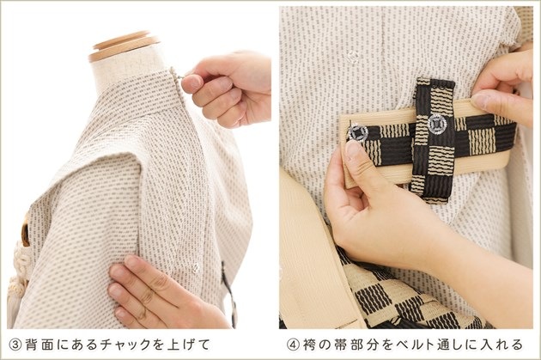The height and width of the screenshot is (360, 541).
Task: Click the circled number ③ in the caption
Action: (x=15, y=345)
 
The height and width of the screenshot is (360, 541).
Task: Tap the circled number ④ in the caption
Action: (x=293, y=345)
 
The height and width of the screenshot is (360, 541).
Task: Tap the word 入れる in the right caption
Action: (x=500, y=345)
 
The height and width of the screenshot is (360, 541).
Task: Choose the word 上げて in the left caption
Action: (x=188, y=345)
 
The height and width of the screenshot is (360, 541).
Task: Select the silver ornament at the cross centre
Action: (x=436, y=124)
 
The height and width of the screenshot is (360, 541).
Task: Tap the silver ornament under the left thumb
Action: (x=357, y=133)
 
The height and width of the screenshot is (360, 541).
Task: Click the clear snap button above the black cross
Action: (x=353, y=56)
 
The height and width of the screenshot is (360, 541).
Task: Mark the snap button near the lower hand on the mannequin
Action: (x=196, y=267)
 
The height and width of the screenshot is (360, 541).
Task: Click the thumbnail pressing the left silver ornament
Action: (x=352, y=149)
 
